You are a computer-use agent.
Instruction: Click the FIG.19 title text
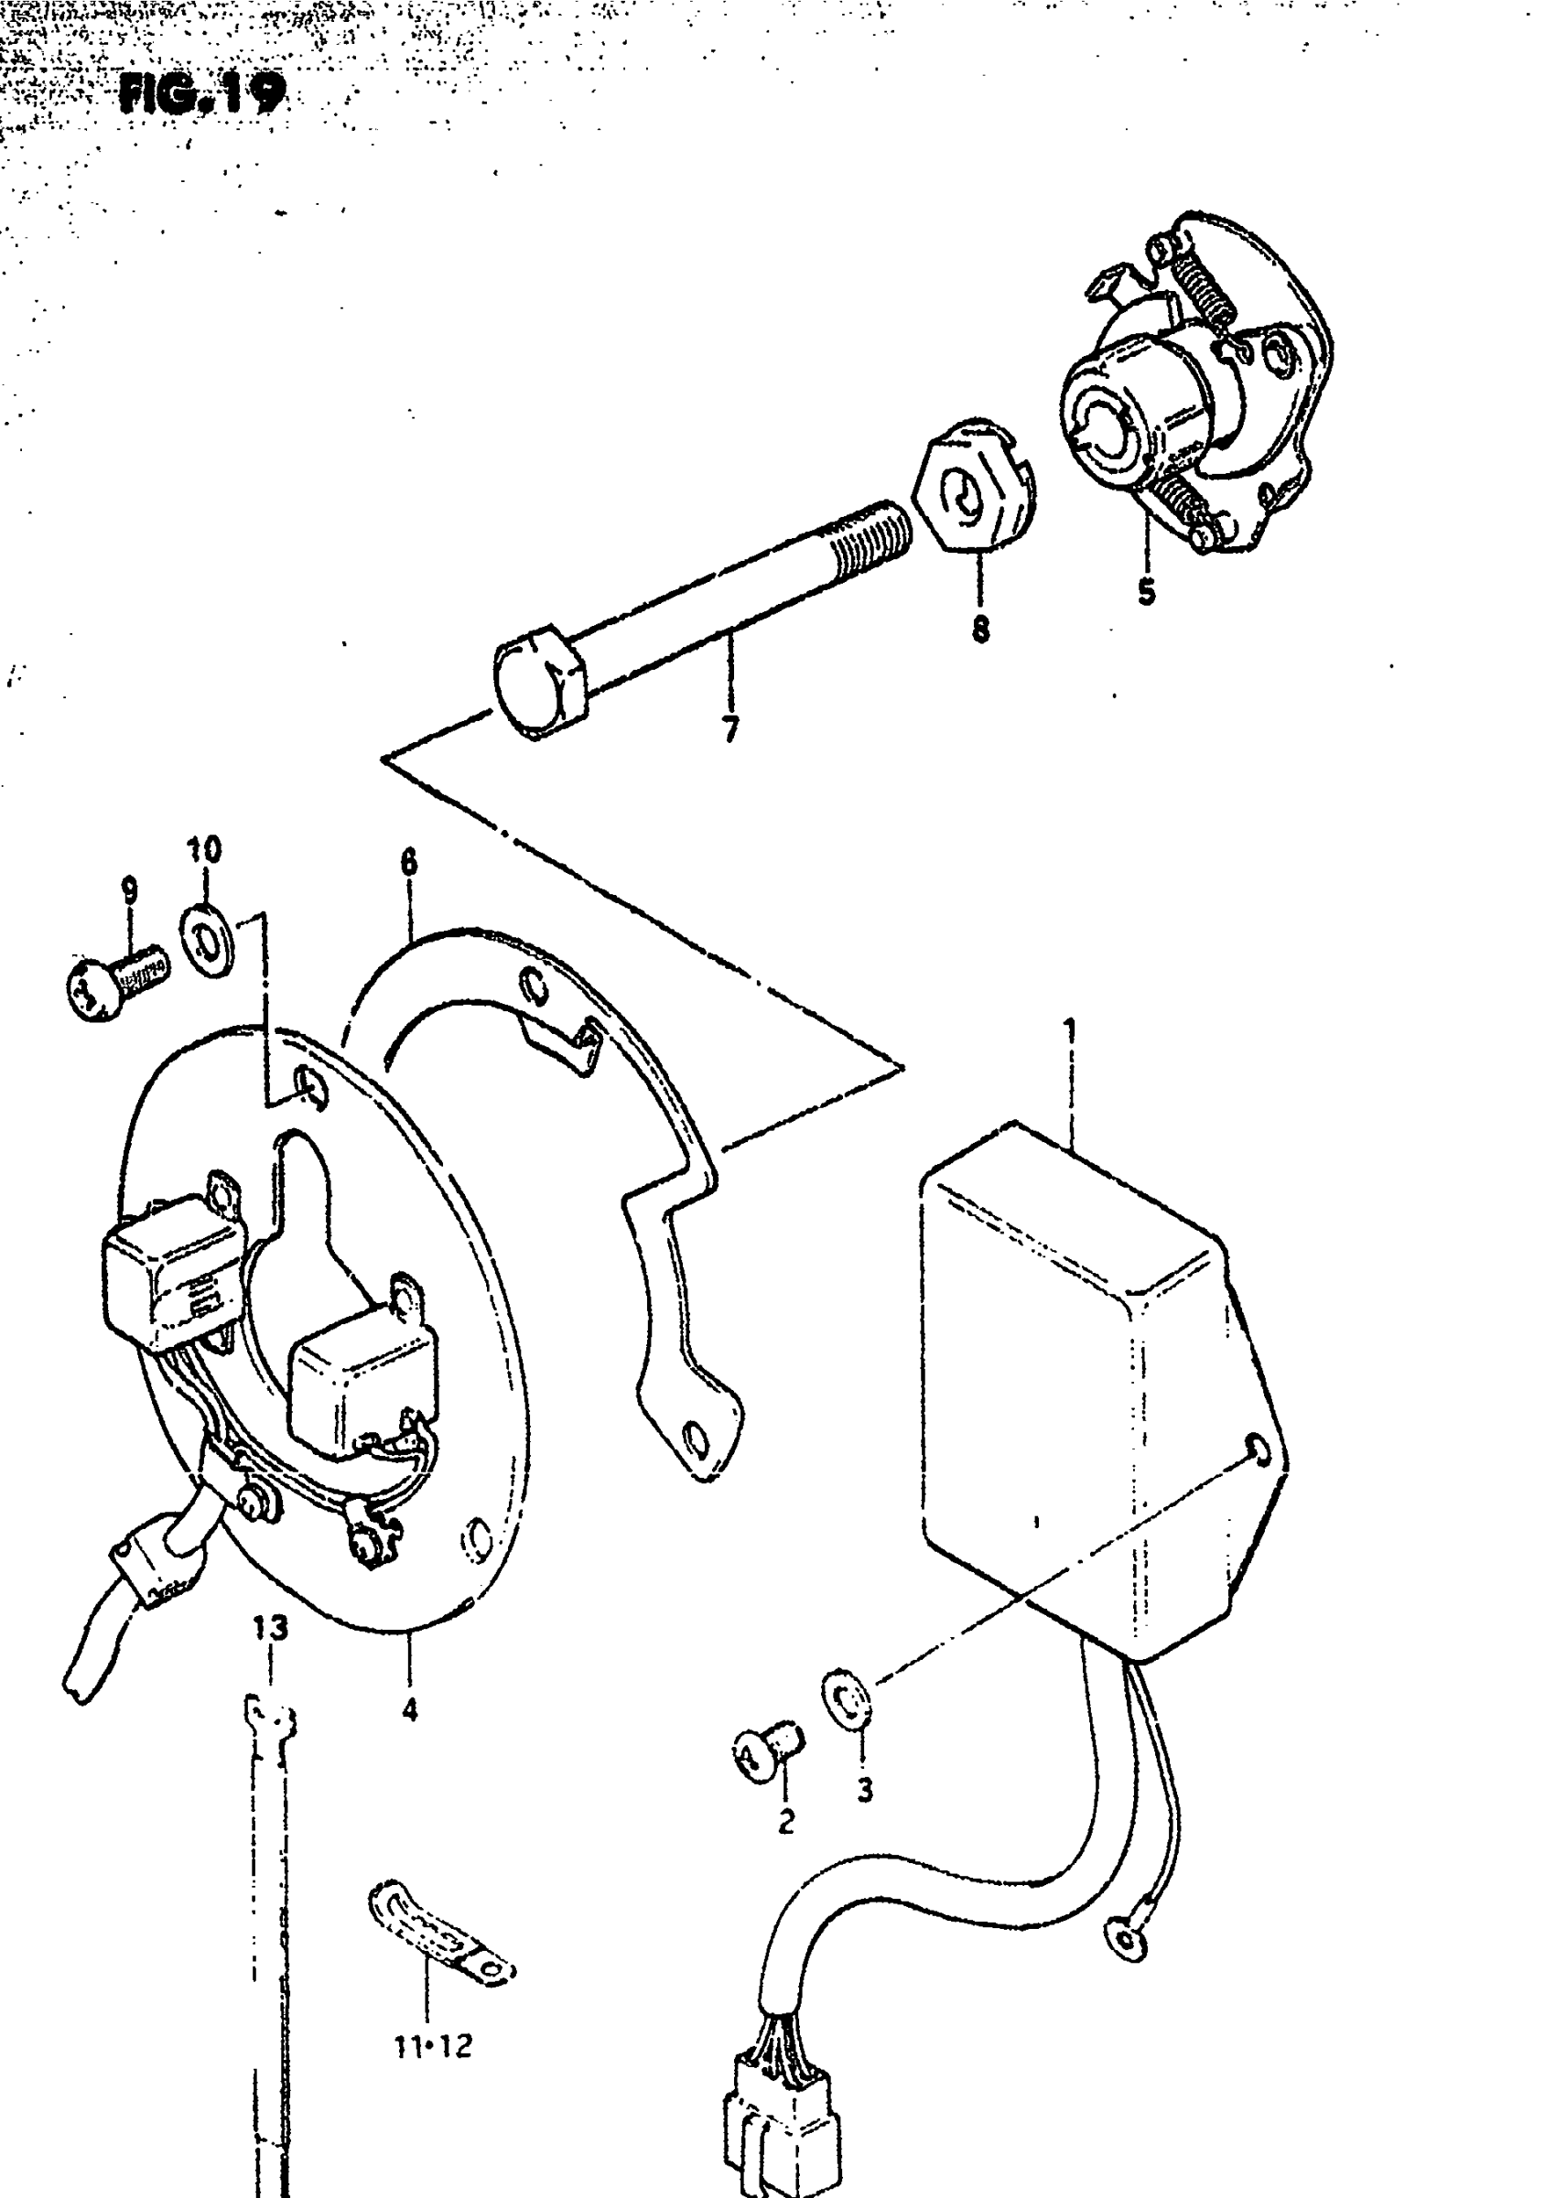point(202,94)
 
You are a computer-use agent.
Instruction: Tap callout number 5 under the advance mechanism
point(1147,592)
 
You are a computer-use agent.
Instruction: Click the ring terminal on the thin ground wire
point(1127,1938)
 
